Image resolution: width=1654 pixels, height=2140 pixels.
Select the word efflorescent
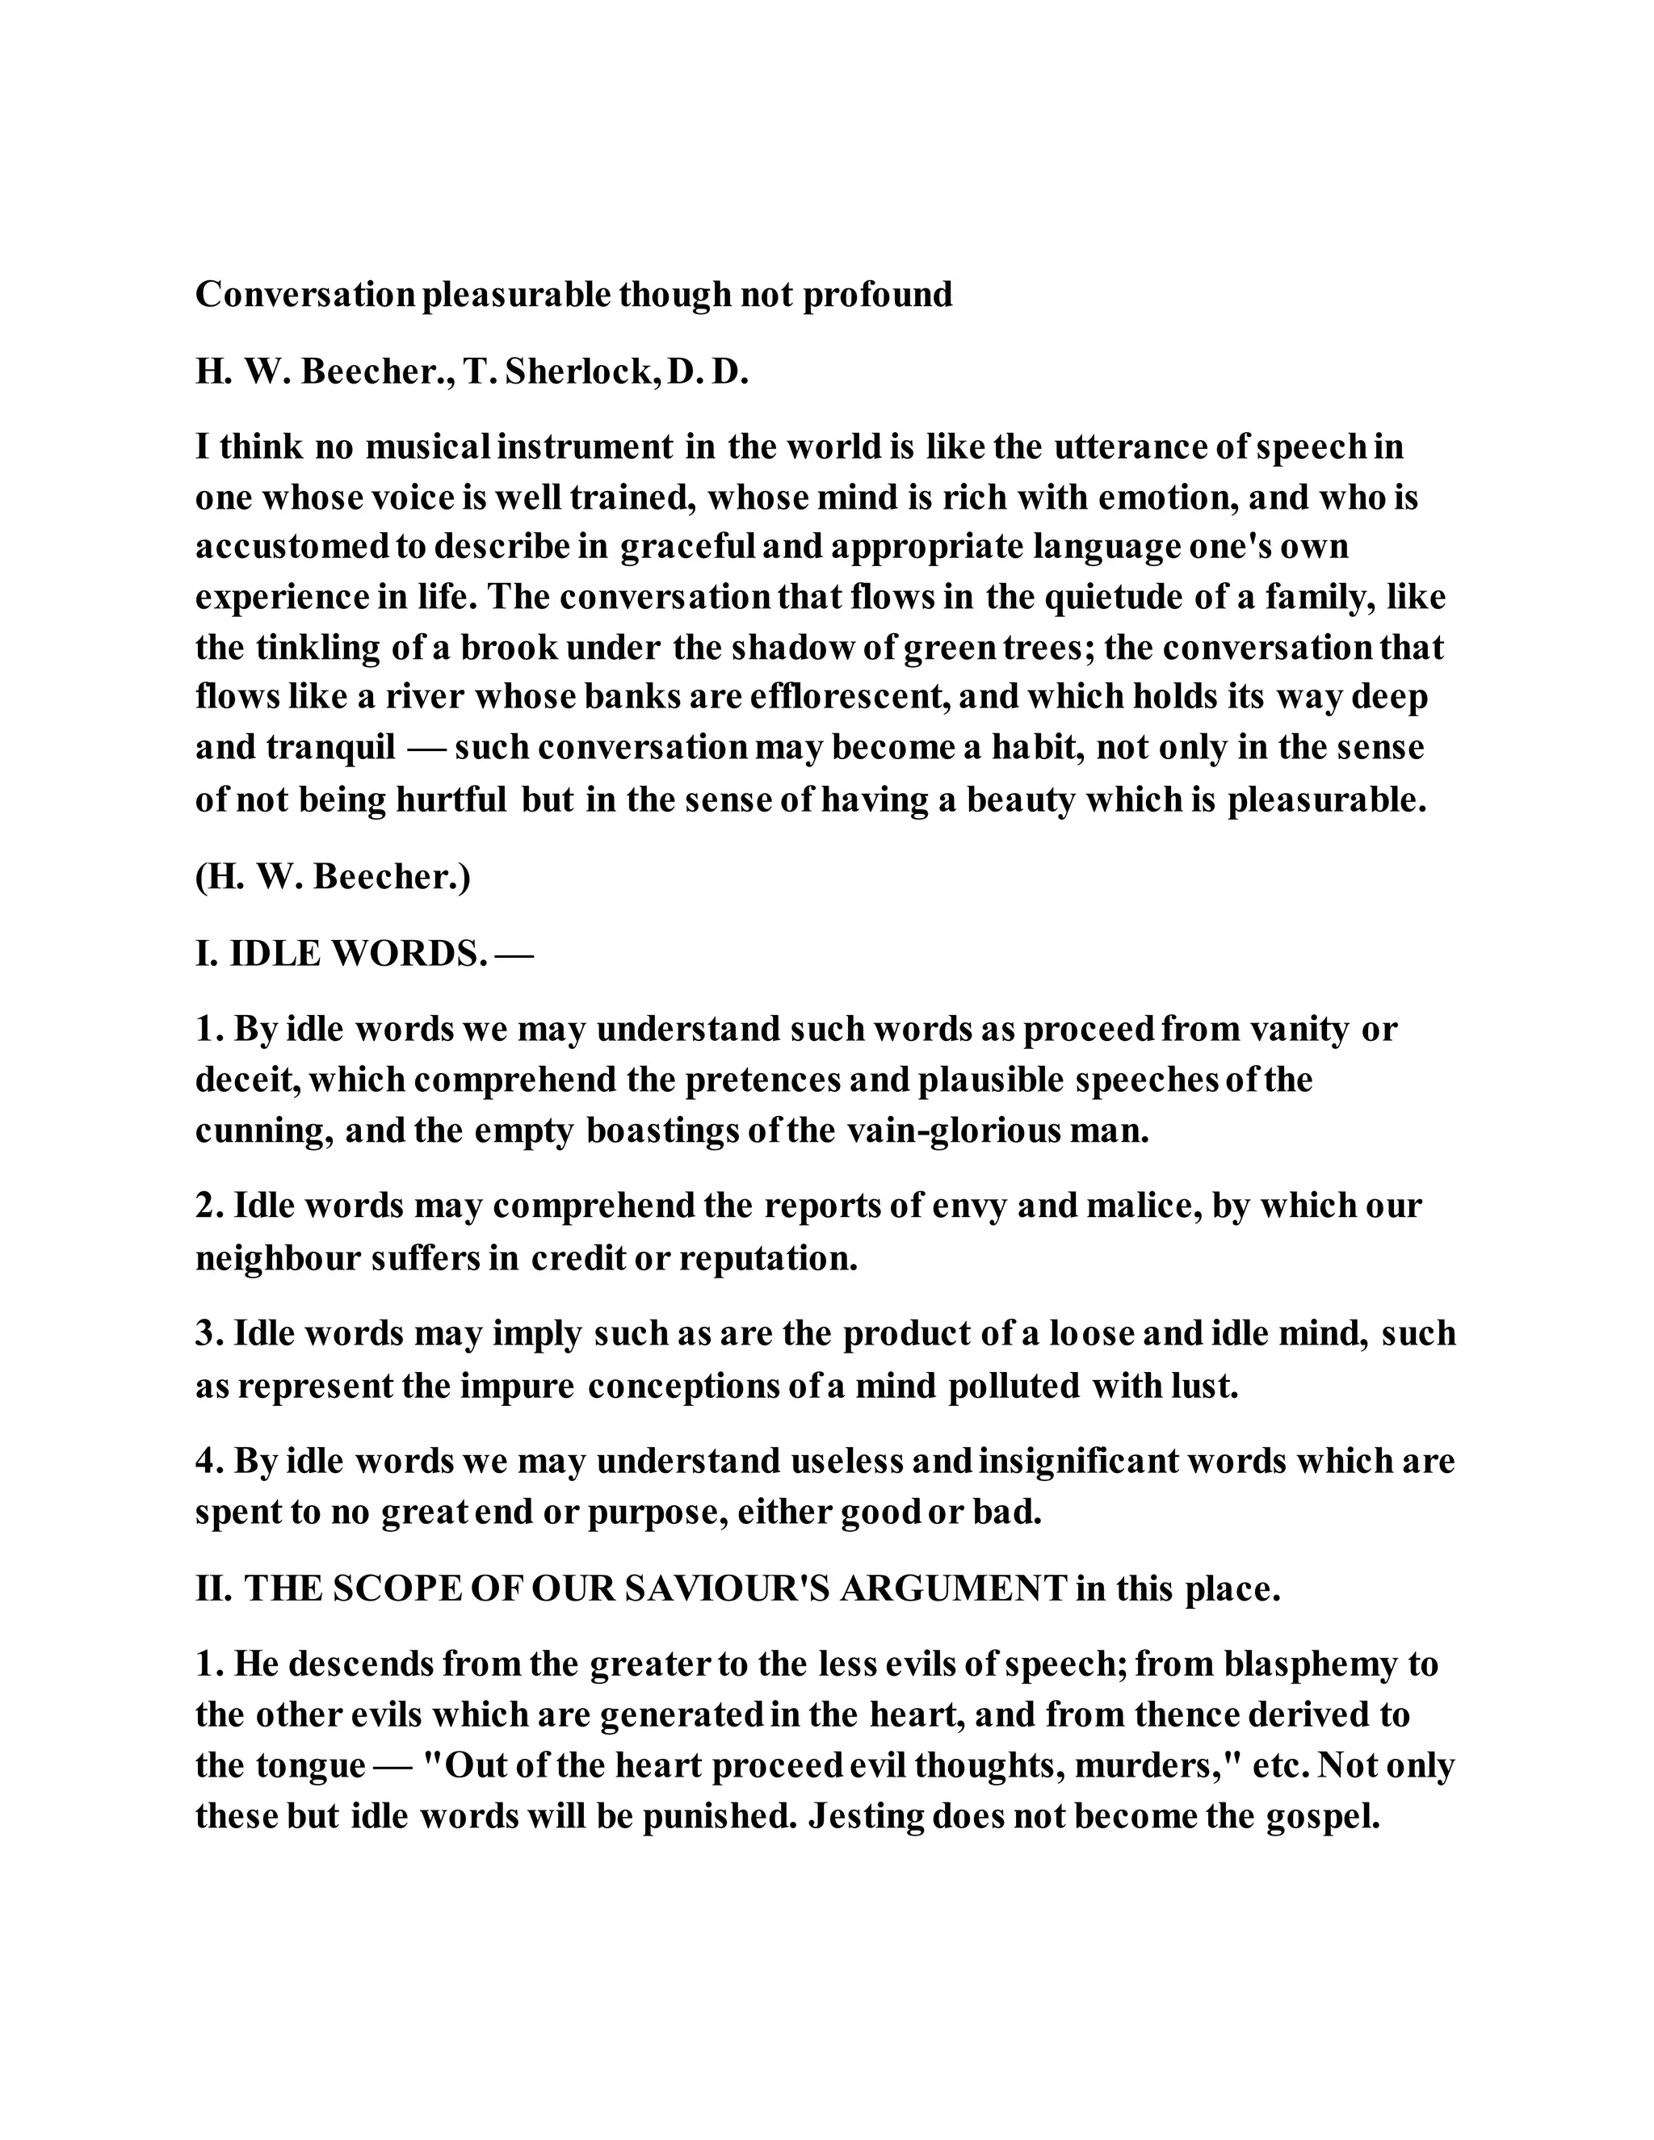849,697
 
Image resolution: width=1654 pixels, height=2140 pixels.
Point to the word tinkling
317,647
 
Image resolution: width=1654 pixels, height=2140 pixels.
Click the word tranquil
330,748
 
